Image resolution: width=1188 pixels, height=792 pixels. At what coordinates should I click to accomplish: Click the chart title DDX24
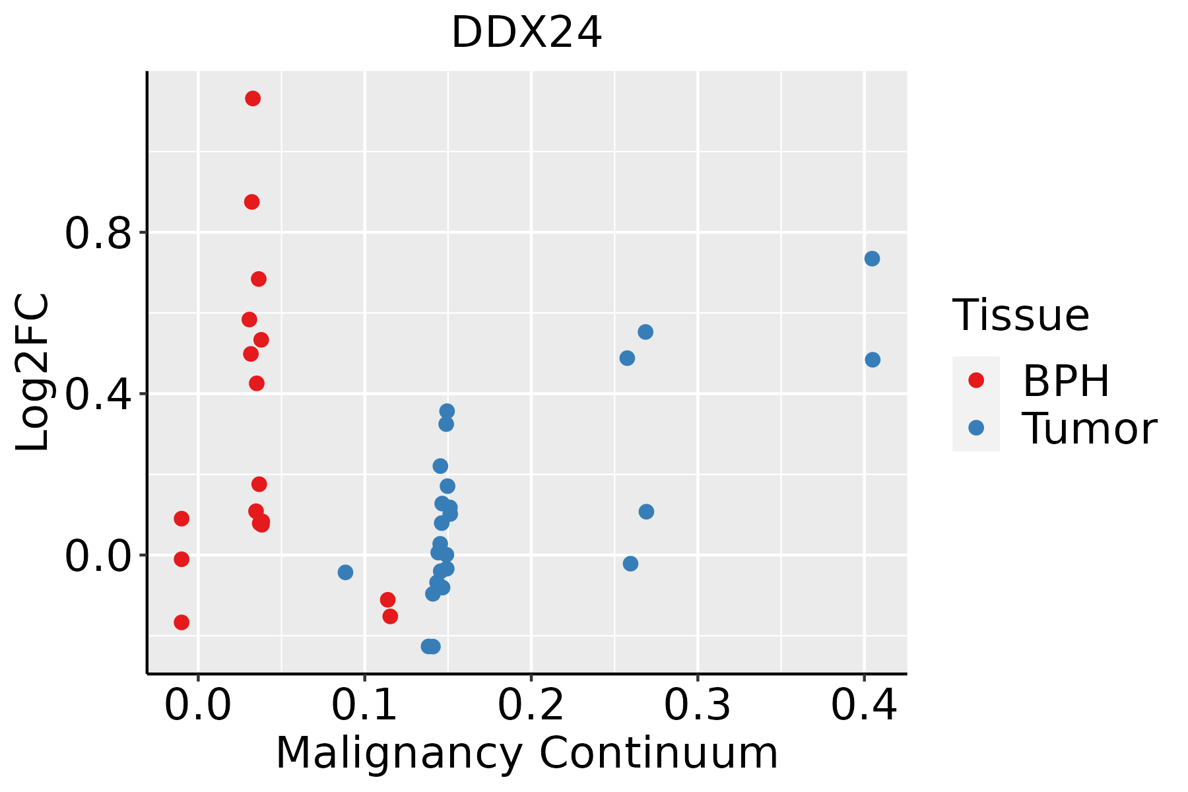(x=526, y=33)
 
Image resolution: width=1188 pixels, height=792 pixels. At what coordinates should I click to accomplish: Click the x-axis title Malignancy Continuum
(x=526, y=753)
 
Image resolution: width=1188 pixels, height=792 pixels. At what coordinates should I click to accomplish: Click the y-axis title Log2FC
(x=33, y=372)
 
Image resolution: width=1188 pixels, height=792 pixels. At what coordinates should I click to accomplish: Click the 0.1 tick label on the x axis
(x=364, y=705)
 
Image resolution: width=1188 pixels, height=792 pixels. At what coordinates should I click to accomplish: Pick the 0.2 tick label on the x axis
(x=530, y=705)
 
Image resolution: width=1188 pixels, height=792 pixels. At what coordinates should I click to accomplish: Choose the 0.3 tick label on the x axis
(x=697, y=705)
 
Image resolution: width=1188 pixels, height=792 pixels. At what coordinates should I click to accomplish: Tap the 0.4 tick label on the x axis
(x=863, y=705)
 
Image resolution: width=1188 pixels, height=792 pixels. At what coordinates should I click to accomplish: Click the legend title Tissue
(x=1021, y=315)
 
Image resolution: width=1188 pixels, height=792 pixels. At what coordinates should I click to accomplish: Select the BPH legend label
(x=1066, y=381)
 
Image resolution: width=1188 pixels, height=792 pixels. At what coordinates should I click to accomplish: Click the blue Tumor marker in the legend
(x=975, y=428)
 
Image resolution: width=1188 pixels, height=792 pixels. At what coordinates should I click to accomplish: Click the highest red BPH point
(x=253, y=98)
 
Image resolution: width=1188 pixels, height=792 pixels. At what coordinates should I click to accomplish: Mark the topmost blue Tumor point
(x=872, y=259)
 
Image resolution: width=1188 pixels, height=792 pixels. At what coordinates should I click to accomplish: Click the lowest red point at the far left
(x=181, y=622)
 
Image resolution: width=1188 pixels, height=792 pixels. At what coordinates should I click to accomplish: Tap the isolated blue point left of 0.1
(x=345, y=572)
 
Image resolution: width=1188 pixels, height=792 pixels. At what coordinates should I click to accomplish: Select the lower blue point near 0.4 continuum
(x=873, y=360)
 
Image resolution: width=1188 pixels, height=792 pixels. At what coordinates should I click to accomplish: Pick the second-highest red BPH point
(x=252, y=202)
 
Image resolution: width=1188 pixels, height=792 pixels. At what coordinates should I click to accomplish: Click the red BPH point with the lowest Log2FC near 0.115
(x=390, y=616)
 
